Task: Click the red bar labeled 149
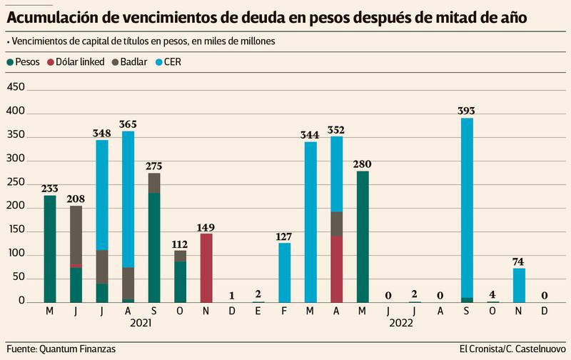coord(206,268)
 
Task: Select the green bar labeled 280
coord(363,236)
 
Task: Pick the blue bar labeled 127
coord(284,272)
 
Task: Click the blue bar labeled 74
coord(519,284)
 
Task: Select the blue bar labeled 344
coord(310,221)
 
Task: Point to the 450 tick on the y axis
coord(15,87)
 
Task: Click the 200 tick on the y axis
coord(15,207)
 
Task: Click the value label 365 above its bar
coord(128,124)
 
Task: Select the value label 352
coord(336,130)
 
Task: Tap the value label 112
coord(180,244)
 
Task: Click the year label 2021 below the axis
coord(141,323)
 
